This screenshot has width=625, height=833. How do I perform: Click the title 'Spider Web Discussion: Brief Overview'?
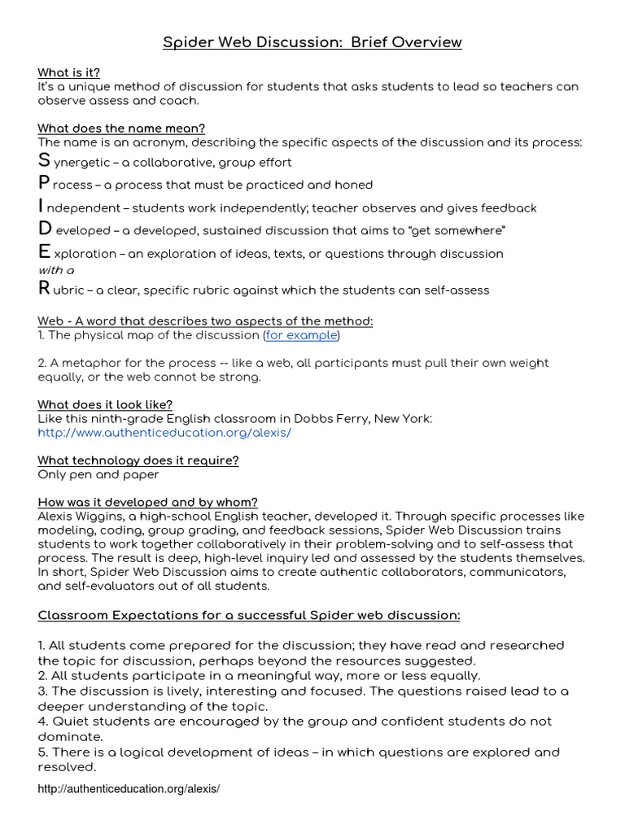coord(312,42)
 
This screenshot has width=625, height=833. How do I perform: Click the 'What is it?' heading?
coord(68,73)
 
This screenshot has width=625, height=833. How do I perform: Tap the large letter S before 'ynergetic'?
coord(44,161)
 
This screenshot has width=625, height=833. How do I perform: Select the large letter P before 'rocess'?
coord(44,184)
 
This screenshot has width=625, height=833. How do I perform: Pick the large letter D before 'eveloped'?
coord(45,229)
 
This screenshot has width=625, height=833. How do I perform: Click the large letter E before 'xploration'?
coord(44,252)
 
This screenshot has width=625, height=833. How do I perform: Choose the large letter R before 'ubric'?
coord(44,288)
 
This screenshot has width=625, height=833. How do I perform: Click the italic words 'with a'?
coord(57,270)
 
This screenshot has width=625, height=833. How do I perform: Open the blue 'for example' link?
coord(301,335)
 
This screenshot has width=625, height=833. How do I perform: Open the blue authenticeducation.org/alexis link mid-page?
coord(164,433)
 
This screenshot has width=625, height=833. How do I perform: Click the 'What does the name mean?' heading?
coord(121,129)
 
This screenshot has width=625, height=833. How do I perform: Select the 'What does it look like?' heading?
coord(105,404)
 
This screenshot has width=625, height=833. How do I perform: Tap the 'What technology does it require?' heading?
coord(138,460)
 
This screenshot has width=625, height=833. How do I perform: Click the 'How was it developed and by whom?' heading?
coord(147,502)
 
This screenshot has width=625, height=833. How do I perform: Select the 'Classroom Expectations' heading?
coord(249,614)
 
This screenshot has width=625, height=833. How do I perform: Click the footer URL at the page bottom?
coord(129,789)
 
